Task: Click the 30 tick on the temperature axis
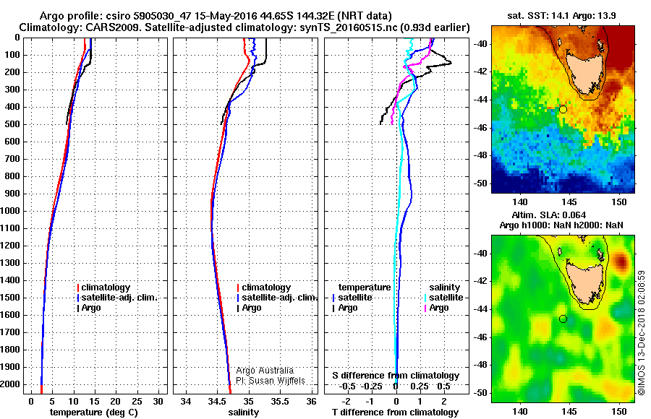pos(159,401)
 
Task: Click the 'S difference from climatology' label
pos(396,376)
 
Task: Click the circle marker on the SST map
pos(563,109)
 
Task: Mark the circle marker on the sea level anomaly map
pos(563,319)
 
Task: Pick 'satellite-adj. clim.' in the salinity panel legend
pos(280,298)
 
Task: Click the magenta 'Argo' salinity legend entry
pos(439,308)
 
